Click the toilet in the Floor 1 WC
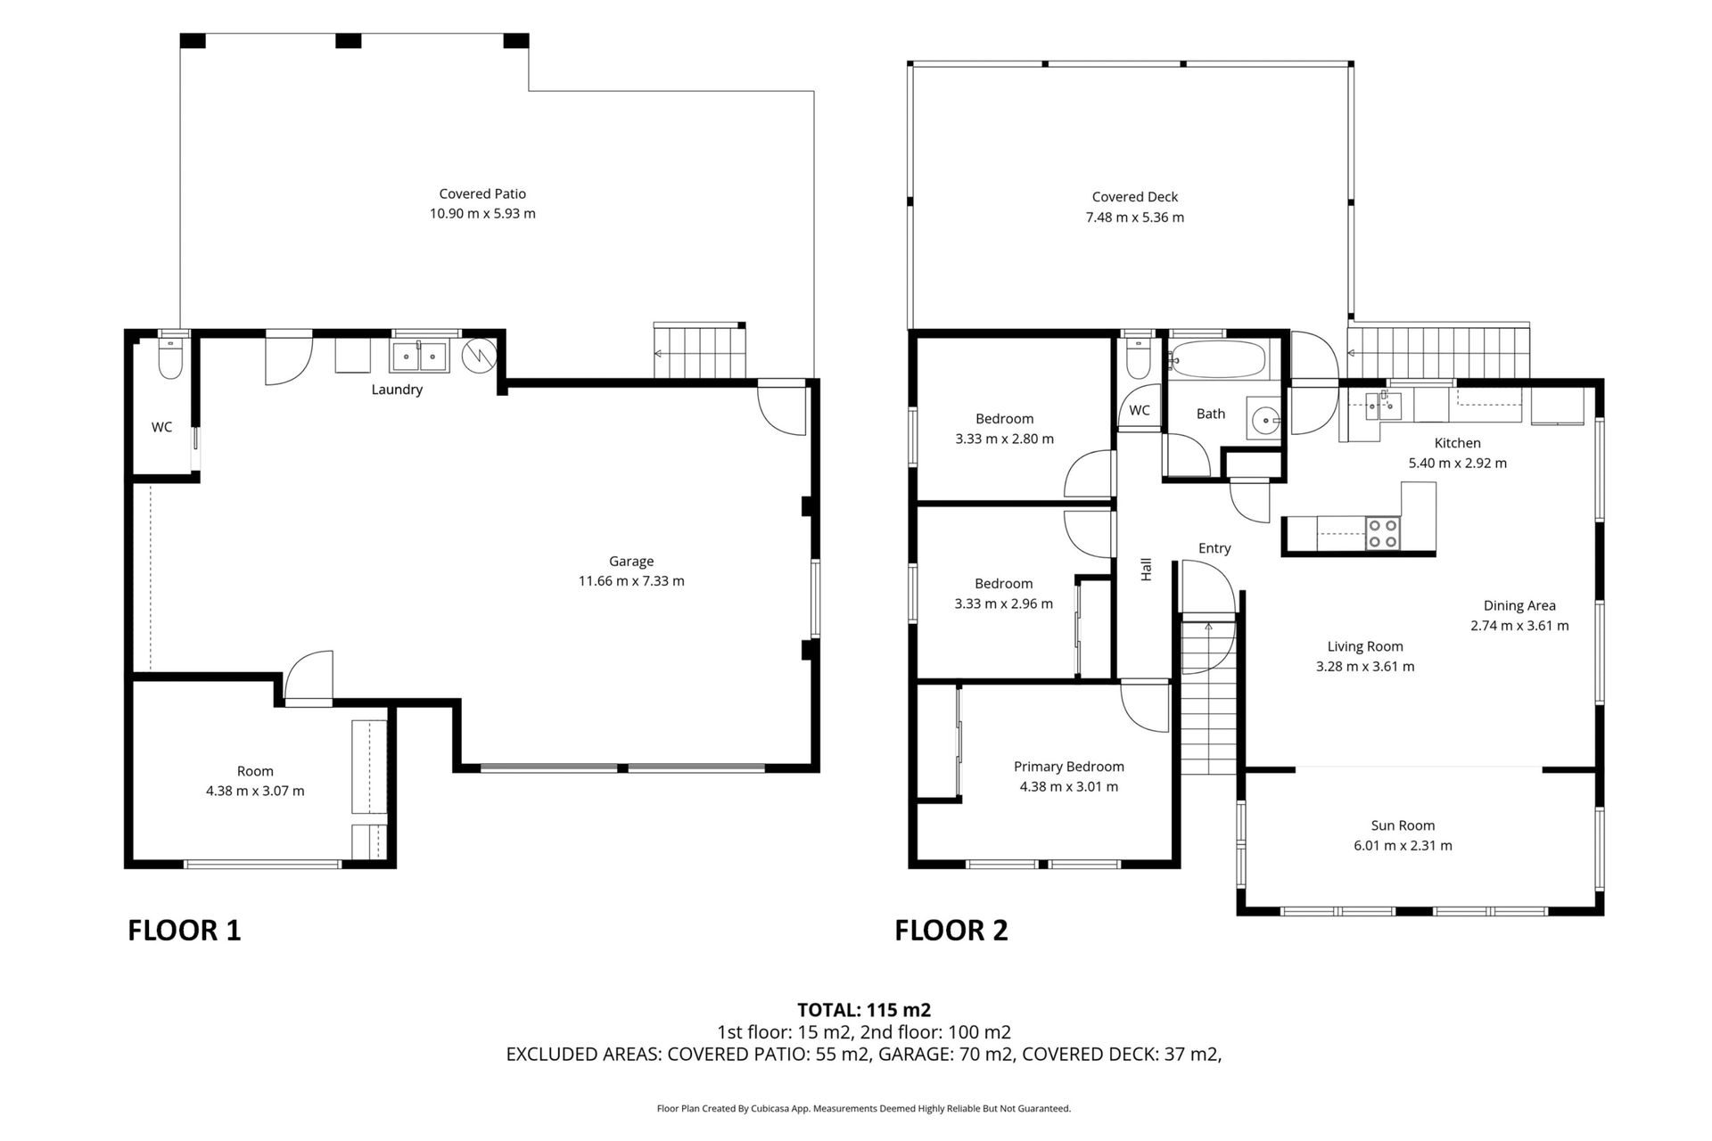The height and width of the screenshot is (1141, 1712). pos(169,360)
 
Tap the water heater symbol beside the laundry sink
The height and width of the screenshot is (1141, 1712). pos(478,356)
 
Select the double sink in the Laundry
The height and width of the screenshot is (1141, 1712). pos(419,357)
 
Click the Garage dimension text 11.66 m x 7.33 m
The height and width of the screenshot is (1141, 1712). pos(631,581)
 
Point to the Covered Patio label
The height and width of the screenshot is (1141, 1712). pos(482,193)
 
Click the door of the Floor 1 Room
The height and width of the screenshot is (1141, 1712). pos(309,677)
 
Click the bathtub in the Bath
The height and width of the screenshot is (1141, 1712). pos(1217,360)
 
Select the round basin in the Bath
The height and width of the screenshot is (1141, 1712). pos(1263,419)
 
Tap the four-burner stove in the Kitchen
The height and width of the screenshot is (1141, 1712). pos(1383,533)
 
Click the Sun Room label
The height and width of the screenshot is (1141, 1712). pos(1403,825)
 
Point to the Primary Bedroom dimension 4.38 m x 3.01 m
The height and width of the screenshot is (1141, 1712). pos(1068,786)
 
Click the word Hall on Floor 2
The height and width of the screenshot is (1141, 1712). pos(1147,570)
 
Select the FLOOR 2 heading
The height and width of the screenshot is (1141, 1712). pos(951,931)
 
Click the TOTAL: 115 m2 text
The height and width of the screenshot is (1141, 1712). pos(863,1010)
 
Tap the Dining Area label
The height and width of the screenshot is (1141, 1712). pos(1519,605)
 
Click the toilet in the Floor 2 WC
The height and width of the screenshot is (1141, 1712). pos(1137,359)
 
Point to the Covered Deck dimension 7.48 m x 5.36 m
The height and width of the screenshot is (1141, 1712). pos(1134,218)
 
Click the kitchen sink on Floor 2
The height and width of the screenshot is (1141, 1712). pos(1380,406)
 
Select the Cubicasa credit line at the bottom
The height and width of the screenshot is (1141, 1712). pos(863,1109)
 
